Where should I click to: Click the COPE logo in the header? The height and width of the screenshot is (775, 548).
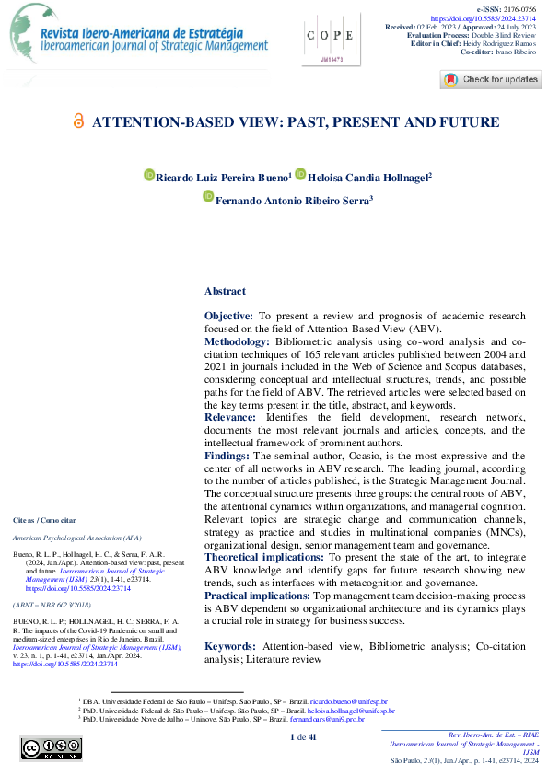point(329,38)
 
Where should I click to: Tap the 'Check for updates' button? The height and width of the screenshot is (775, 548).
point(490,79)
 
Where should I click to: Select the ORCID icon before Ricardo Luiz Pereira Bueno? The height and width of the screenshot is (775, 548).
point(149,175)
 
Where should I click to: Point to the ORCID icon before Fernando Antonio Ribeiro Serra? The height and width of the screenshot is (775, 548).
point(207,197)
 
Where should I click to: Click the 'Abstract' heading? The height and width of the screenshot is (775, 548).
point(225,291)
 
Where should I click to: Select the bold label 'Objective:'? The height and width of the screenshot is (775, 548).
point(229,316)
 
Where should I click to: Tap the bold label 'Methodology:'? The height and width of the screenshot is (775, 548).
point(237,341)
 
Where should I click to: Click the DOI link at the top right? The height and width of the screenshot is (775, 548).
point(496,17)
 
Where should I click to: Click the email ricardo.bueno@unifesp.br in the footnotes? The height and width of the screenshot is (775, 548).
point(344,701)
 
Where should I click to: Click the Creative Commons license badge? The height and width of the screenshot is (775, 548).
point(43,749)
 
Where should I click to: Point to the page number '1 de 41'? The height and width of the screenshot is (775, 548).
point(303,737)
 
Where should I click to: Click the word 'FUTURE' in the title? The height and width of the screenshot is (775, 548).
point(468,122)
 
